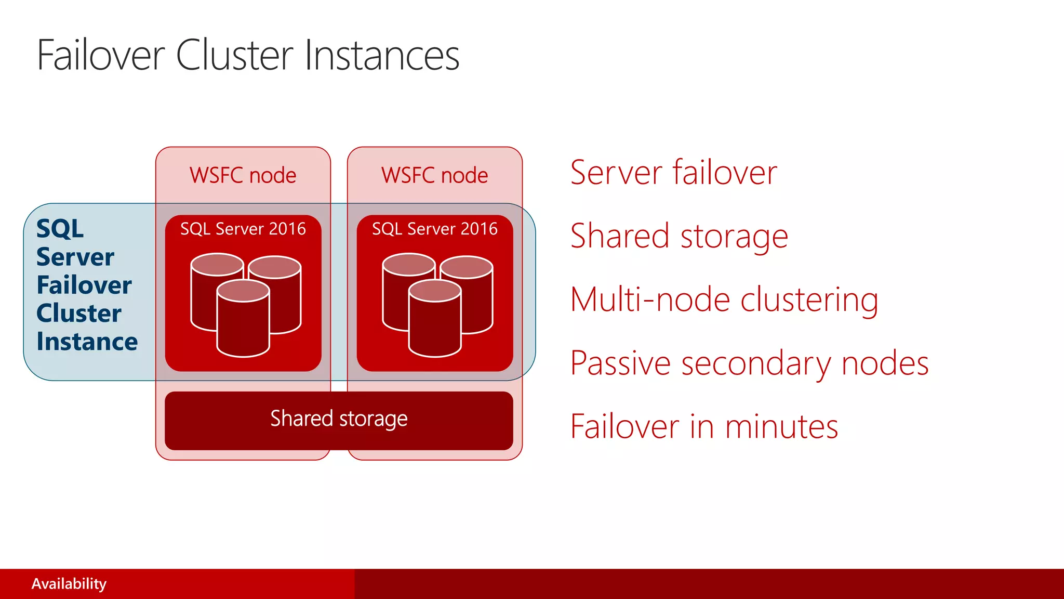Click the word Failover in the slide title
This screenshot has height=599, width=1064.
pyautogui.click(x=101, y=56)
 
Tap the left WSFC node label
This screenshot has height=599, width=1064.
pyautogui.click(x=243, y=175)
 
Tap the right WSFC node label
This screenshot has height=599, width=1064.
pyautogui.click(x=434, y=175)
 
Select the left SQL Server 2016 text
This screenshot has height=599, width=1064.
pyautogui.click(x=243, y=229)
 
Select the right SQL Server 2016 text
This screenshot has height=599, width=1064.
pyautogui.click(x=434, y=229)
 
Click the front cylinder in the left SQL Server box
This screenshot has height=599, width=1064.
pyautogui.click(x=243, y=325)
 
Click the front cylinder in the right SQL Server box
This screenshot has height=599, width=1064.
pyautogui.click(x=434, y=325)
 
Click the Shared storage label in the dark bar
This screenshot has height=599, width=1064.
pyautogui.click(x=339, y=419)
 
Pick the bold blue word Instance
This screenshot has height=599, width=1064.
pyautogui.click(x=87, y=342)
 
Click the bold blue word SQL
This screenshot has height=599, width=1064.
pyautogui.click(x=60, y=229)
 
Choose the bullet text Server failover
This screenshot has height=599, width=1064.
pyautogui.click(x=673, y=173)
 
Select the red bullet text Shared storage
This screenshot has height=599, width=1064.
pyautogui.click(x=679, y=236)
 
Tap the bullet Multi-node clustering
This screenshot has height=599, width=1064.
pyautogui.click(x=724, y=300)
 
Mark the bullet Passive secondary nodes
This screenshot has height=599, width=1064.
pyautogui.click(x=749, y=363)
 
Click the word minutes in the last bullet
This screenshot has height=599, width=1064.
pyautogui.click(x=781, y=427)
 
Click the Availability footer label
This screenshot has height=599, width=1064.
pyautogui.click(x=69, y=584)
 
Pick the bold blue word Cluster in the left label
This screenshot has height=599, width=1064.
pyautogui.click(x=78, y=314)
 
